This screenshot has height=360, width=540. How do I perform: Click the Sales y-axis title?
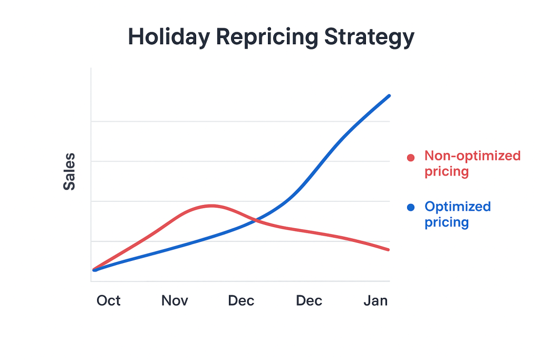pyautogui.click(x=69, y=172)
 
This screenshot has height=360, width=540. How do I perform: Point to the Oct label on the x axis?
pyautogui.click(x=109, y=301)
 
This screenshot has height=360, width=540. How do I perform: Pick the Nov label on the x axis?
pyautogui.click(x=175, y=301)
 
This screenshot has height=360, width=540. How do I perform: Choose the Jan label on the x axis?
pyautogui.click(x=375, y=301)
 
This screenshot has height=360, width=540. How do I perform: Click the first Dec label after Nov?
pyautogui.click(x=241, y=301)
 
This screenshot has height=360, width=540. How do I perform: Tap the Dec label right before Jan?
pyautogui.click(x=309, y=301)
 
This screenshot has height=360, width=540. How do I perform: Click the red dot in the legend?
pyautogui.click(x=411, y=157)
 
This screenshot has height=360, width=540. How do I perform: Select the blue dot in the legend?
pyautogui.click(x=411, y=208)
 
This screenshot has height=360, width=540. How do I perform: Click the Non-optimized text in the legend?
pyautogui.click(x=472, y=156)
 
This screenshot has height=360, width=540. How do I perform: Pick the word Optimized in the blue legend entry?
pyautogui.click(x=458, y=207)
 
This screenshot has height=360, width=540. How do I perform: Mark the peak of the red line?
pyautogui.click(x=212, y=206)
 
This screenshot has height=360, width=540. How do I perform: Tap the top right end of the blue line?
pyautogui.click(x=389, y=96)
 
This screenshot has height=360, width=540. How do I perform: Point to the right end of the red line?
pyautogui.click(x=389, y=249)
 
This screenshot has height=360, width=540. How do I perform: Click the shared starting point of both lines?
pyautogui.click(x=94, y=270)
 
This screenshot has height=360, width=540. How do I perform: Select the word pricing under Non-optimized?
pyautogui.click(x=447, y=172)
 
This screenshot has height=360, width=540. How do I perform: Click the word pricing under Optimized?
pyautogui.click(x=447, y=222)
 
